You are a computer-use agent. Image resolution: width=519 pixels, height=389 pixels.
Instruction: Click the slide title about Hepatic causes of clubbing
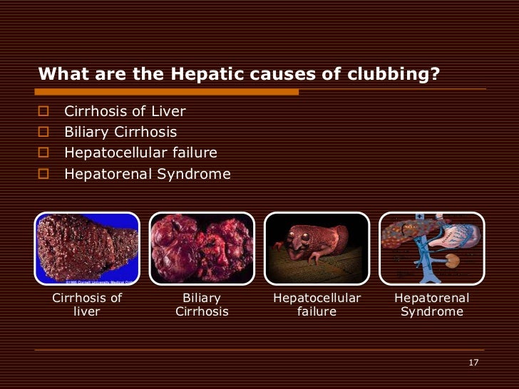pyautogui.click(x=238, y=75)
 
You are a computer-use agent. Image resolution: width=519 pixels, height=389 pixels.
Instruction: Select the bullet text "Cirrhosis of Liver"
pyautogui.click(x=125, y=112)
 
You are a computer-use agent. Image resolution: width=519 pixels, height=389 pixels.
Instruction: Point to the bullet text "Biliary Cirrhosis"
pyautogui.click(x=120, y=133)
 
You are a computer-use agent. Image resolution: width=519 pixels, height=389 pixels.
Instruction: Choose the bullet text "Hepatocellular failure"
pyautogui.click(x=140, y=152)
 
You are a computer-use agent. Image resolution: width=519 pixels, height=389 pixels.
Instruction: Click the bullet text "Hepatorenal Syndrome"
pyautogui.click(x=148, y=173)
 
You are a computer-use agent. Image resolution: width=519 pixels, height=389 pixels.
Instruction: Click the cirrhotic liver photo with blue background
pyautogui.click(x=87, y=249)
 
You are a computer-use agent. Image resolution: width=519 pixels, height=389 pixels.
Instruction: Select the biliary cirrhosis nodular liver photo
pyautogui.click(x=202, y=249)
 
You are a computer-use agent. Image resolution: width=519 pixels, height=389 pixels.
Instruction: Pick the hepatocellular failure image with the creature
pyautogui.click(x=317, y=249)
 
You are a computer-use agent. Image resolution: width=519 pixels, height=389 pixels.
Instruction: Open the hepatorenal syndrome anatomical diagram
pyautogui.click(x=431, y=249)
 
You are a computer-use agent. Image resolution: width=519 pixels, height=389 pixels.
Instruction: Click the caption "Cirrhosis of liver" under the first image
pyautogui.click(x=87, y=305)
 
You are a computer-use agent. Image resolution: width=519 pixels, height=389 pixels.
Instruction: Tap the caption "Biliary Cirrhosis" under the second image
pyautogui.click(x=202, y=305)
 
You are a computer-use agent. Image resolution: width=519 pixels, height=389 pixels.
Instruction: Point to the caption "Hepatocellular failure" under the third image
pyautogui.click(x=317, y=305)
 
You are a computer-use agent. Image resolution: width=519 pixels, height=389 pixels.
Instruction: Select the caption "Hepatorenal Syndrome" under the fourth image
pyautogui.click(x=431, y=305)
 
